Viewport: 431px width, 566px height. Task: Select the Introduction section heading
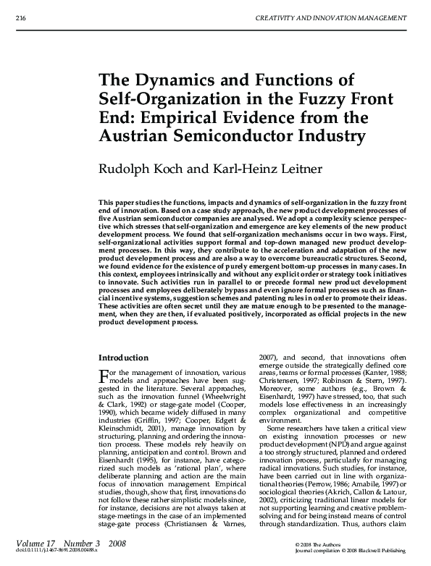coord(123,357)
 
